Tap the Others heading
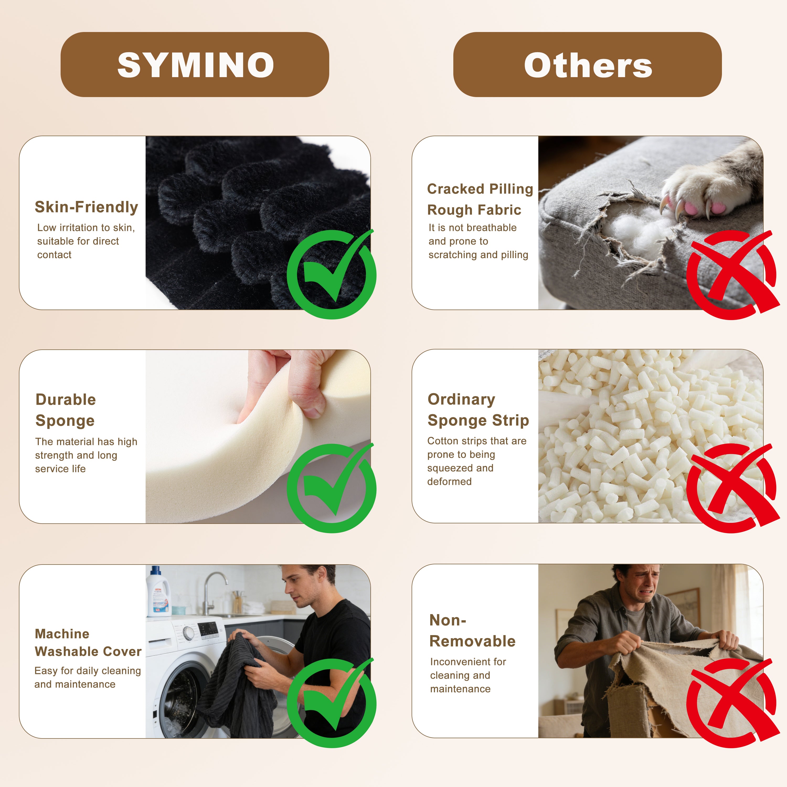tap(588, 65)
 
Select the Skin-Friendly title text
tap(86, 207)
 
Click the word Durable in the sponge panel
tap(66, 400)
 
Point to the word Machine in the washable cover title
tap(62, 634)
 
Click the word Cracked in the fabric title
tap(455, 189)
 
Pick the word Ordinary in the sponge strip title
tap(461, 400)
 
